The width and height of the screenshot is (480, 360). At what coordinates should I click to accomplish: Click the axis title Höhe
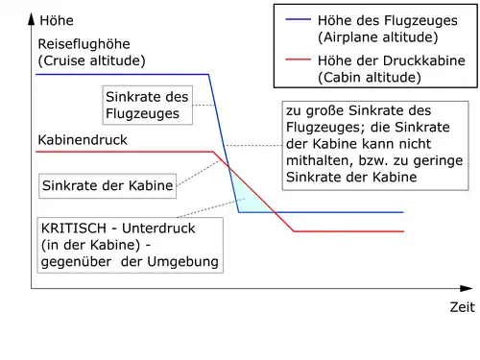tap(57, 20)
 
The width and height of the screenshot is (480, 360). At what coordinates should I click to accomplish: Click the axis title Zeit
tap(462, 307)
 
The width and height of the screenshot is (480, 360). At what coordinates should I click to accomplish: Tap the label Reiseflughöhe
tap(84, 44)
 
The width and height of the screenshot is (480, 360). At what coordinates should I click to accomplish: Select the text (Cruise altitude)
tap(91, 60)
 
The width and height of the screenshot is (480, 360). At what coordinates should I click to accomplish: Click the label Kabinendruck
tap(83, 140)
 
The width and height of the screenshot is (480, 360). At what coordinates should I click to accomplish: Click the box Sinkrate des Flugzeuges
tap(148, 105)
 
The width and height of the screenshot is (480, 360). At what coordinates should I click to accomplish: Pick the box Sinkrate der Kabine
tap(108, 186)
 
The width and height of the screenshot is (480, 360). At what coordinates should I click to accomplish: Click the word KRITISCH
tap(74, 228)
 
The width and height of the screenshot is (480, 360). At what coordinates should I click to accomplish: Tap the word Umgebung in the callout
tap(182, 262)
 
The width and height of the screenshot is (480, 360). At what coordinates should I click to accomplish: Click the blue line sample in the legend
tap(298, 19)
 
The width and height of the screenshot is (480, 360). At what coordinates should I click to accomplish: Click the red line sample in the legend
tap(298, 60)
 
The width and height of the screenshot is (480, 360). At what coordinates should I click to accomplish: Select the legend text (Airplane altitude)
tap(378, 37)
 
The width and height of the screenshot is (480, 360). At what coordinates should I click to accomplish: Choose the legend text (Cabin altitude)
tap(370, 77)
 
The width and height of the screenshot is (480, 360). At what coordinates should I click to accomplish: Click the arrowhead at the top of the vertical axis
tap(31, 18)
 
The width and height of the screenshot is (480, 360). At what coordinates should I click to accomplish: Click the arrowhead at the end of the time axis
tap(466, 288)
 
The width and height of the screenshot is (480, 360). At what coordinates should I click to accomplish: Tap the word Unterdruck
tap(158, 228)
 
